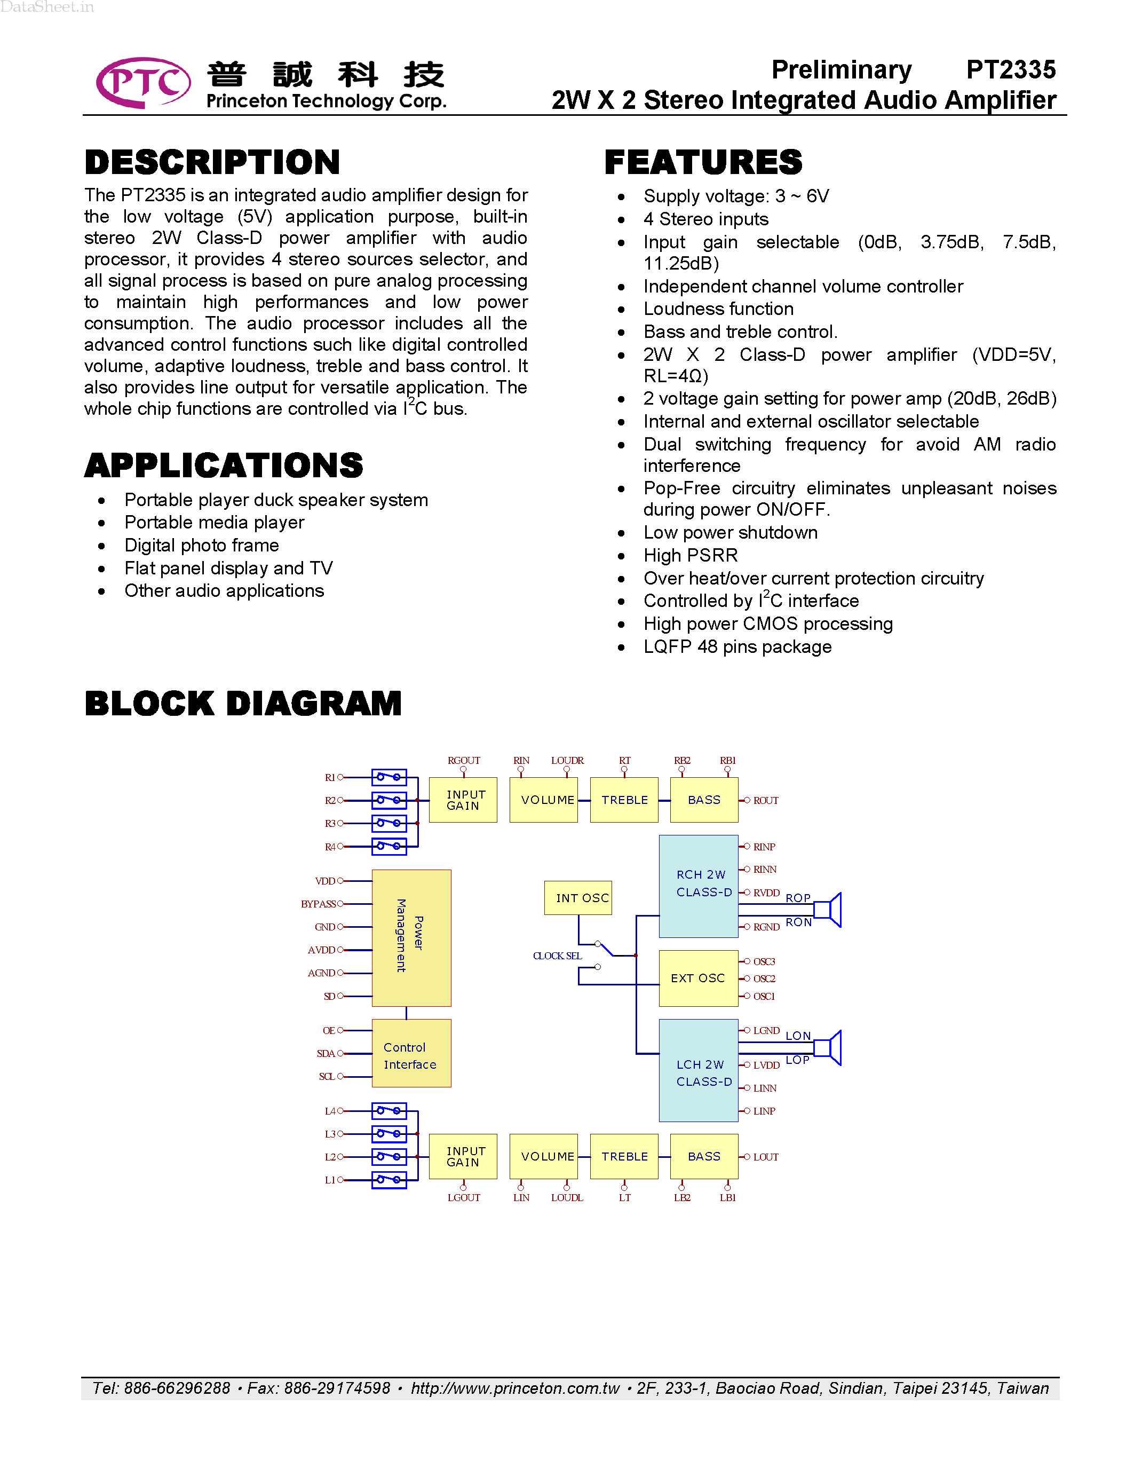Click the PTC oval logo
[143, 83]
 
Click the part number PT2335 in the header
[1010, 70]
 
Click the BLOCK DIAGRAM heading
[243, 703]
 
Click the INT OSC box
[578, 898]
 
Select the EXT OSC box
[698, 978]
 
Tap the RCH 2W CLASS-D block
[699, 886]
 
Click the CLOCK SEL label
[557, 956]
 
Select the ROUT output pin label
[765, 801]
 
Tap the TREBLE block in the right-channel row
[624, 800]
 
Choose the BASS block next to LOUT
[704, 1156]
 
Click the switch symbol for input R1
[389, 778]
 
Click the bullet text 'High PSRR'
[690, 555]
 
